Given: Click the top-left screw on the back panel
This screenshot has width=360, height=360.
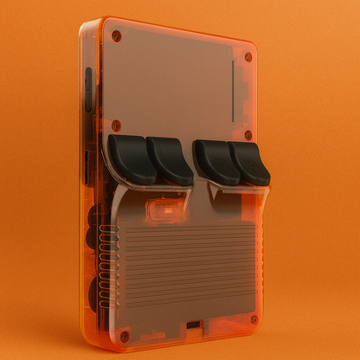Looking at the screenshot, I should (x=116, y=35).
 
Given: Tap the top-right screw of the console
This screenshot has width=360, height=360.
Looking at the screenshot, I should (x=248, y=57).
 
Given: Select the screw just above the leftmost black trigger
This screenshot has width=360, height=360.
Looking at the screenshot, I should (x=116, y=125).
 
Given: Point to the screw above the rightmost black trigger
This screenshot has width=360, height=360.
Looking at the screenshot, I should (x=248, y=135).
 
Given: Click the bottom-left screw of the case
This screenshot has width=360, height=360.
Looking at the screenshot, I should (x=124, y=335).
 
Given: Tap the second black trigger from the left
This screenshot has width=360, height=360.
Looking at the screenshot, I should (x=170, y=161).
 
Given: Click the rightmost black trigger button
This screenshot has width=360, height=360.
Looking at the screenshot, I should (x=252, y=164).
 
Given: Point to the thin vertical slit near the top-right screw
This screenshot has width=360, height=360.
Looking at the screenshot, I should (x=232, y=91).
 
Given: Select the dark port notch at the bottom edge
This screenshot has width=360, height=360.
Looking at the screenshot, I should (x=193, y=326).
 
